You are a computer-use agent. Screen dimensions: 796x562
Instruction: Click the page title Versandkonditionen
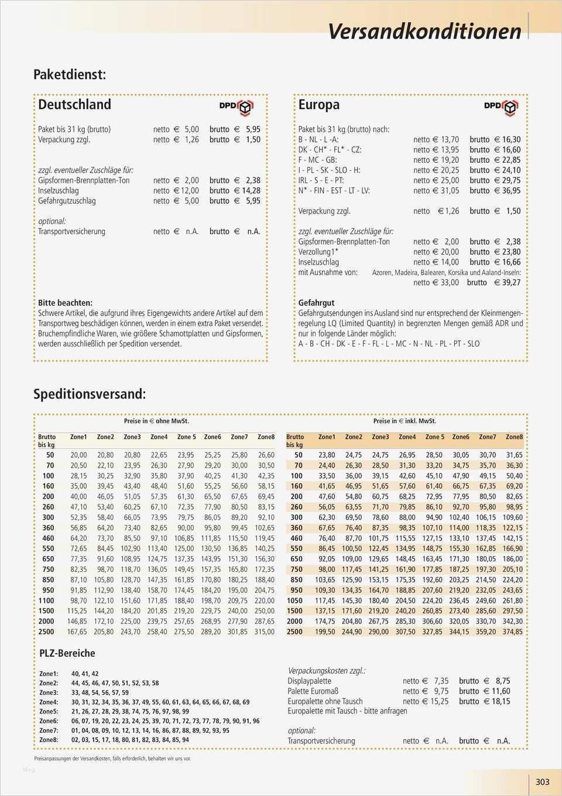[424, 31]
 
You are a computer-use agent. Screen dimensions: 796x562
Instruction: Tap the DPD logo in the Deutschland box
[236, 106]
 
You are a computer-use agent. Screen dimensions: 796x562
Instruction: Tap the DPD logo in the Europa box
[501, 106]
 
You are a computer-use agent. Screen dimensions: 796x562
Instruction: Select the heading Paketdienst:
[69, 74]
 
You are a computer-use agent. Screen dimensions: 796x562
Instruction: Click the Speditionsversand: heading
[89, 394]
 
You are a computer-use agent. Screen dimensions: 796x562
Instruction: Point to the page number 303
[542, 781]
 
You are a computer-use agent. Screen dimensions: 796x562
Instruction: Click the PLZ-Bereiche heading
[67, 653]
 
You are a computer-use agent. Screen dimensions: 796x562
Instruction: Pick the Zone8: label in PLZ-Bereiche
[49, 740]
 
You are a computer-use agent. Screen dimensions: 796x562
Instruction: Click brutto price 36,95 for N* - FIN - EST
[510, 191]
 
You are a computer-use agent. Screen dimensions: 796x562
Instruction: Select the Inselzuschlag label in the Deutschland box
[58, 191]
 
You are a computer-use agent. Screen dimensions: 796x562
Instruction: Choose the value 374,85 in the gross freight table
[513, 632]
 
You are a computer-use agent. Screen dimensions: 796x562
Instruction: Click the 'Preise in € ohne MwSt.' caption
[156, 421]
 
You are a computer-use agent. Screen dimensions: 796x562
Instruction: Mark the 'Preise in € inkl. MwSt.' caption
[405, 421]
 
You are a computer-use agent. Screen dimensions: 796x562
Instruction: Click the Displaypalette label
[309, 681]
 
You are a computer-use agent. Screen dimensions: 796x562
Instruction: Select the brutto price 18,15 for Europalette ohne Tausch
[501, 701]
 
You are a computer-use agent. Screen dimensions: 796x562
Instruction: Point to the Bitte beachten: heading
[65, 303]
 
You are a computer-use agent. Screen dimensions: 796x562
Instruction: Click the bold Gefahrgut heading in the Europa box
[316, 303]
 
